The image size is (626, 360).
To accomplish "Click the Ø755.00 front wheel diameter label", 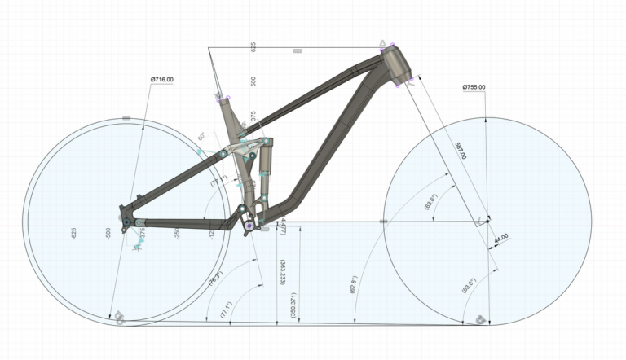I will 474,87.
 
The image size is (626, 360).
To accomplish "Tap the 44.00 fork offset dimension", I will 499,236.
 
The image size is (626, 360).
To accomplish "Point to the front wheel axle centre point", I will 487,220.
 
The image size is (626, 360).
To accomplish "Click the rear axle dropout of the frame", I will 126,220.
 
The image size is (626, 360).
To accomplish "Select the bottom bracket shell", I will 249,225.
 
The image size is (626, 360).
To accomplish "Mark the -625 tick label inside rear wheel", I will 74,234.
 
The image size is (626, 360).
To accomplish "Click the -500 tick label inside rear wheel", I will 109,234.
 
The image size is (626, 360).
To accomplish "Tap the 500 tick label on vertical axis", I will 253,81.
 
